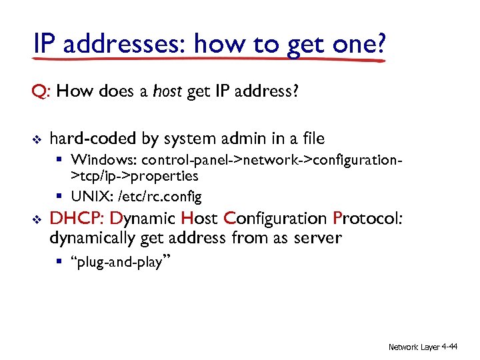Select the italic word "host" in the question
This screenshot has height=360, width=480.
tap(167, 91)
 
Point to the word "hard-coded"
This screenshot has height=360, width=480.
tap(93, 139)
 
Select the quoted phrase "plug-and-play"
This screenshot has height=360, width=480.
tap(120, 262)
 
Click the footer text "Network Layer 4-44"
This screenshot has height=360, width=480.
tap(423, 347)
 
